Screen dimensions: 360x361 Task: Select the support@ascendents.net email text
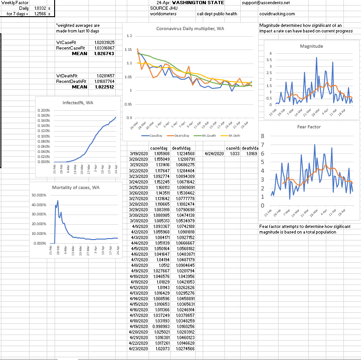pyautogui.click(x=265, y=3)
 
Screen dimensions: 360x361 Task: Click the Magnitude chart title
pyautogui.click(x=311, y=46)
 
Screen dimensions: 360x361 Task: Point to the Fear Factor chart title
pyautogui.click(x=309, y=126)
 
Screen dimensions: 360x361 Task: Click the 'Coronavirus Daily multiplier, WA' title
pyautogui.click(x=188, y=28)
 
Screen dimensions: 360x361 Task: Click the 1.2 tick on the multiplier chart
pyautogui.click(x=129, y=36)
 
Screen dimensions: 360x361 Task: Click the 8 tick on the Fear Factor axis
pyautogui.click(x=262, y=136)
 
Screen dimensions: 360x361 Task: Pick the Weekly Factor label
pyautogui.click(x=15, y=3)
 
